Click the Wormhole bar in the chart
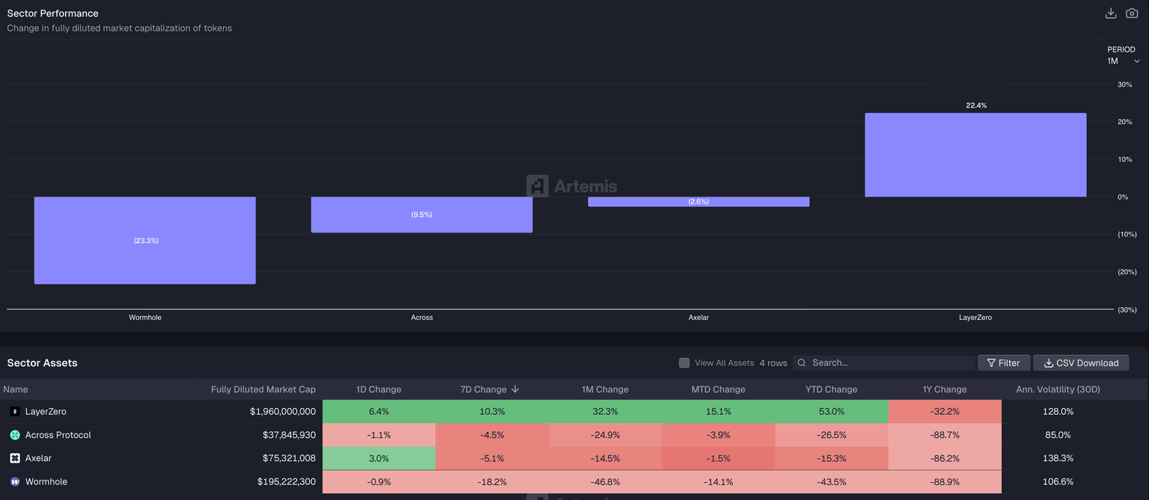pos(145,240)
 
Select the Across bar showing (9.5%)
pos(421,214)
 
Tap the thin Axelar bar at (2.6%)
pos(698,202)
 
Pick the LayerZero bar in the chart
pos(975,155)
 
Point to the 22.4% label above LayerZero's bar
pos(976,105)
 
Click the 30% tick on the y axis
pos(1124,84)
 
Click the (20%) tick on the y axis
pos(1127,272)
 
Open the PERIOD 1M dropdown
pos(1124,61)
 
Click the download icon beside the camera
pos(1111,13)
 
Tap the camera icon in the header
pos(1132,13)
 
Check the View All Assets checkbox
pos(684,363)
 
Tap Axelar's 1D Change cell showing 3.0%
pos(379,458)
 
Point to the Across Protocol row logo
pos(15,435)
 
